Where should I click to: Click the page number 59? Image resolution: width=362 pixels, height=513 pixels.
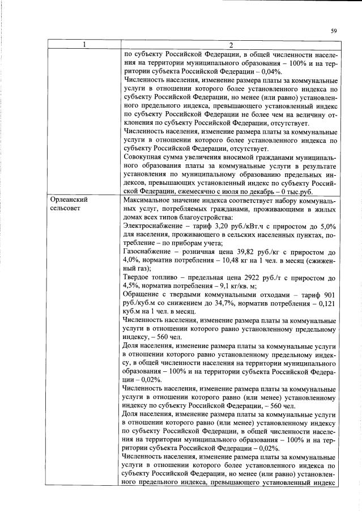334,31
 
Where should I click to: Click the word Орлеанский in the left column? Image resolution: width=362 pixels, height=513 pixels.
69,200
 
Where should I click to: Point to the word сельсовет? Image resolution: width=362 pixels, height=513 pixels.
66,208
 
